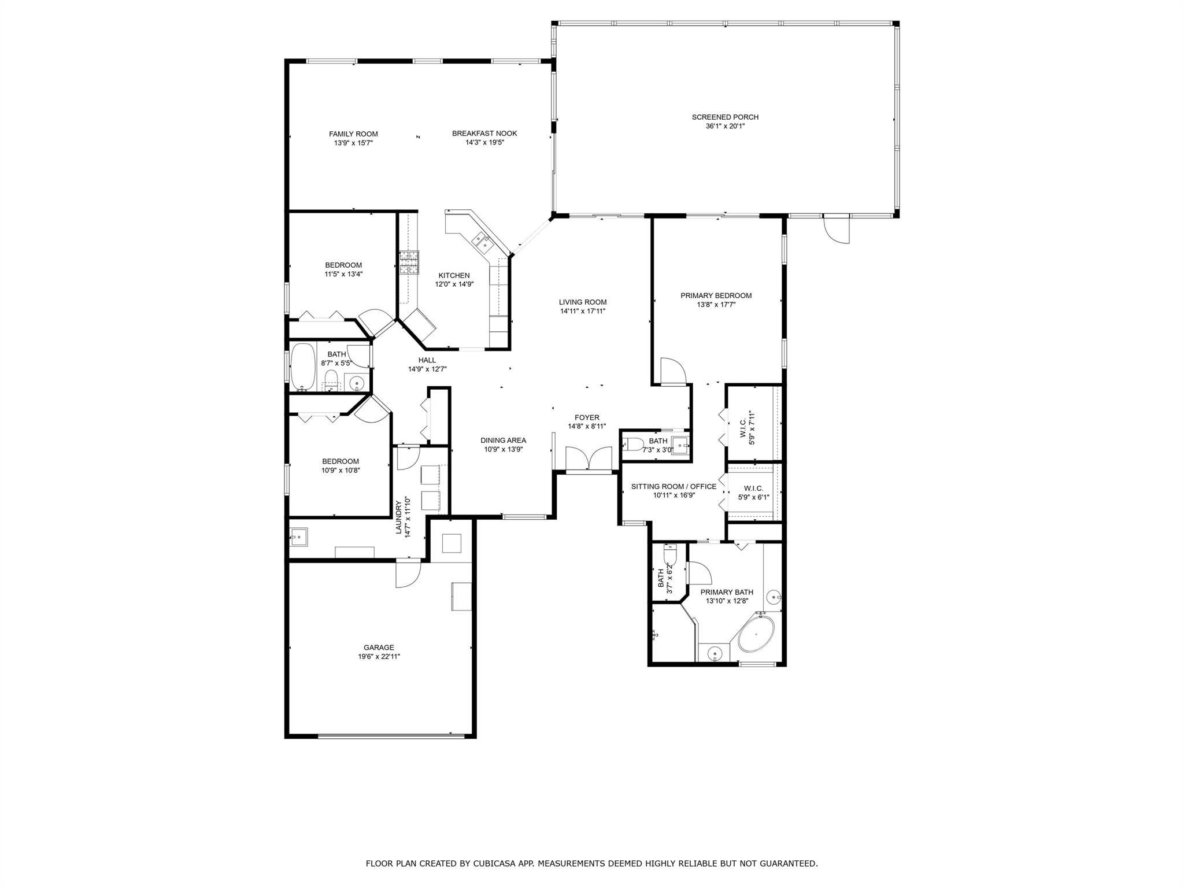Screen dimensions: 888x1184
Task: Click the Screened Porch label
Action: [x=725, y=117]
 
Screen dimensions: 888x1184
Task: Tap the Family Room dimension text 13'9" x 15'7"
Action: [x=353, y=143]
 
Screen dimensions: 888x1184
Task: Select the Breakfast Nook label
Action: [x=484, y=134]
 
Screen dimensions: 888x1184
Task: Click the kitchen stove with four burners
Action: [x=408, y=263]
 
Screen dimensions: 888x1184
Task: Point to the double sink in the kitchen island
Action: [x=482, y=241]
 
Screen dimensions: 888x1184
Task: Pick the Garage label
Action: [x=379, y=647]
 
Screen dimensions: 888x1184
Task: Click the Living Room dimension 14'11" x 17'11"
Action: [x=583, y=311]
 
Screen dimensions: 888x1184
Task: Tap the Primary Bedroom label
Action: [x=716, y=295]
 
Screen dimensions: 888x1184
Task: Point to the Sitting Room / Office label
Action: [x=674, y=486]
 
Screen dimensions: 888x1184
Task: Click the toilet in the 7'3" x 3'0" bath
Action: [x=634, y=444]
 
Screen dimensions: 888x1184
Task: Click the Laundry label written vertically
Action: [x=399, y=517]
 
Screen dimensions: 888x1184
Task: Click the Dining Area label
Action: [x=503, y=440]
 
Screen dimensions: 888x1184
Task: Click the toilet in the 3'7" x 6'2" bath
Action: [x=669, y=556]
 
